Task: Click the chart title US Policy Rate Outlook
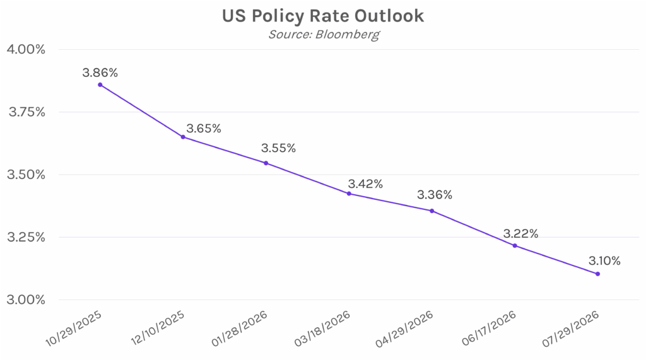(322, 16)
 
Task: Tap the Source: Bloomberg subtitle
(324, 34)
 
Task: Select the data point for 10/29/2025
(100, 84)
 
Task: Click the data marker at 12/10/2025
(183, 137)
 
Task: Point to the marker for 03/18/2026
(349, 194)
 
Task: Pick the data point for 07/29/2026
(597, 274)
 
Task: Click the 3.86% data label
(100, 73)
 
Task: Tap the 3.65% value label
(203, 129)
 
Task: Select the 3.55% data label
(278, 149)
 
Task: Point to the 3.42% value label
(365, 184)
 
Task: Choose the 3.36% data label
(435, 195)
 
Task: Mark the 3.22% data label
(520, 234)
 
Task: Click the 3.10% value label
(604, 260)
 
